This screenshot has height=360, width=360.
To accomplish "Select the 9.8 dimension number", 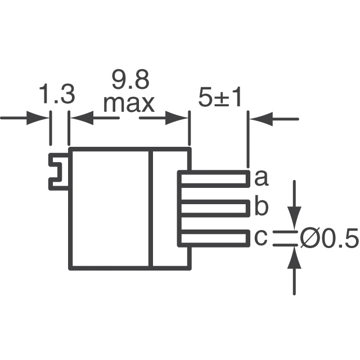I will tap(130, 81).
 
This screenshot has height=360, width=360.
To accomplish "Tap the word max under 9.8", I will tap(129, 103).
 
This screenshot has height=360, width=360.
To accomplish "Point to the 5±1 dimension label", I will tap(220, 98).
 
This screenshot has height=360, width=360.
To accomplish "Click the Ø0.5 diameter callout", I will tap(329, 240).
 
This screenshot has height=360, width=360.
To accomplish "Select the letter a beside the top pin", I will tap(261, 179).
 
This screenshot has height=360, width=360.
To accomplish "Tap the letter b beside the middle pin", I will tap(261, 208).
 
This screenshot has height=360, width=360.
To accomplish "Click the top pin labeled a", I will tap(214, 179).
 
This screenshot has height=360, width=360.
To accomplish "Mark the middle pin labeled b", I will tap(214, 209).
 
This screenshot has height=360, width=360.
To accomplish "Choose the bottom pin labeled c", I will tap(214, 238).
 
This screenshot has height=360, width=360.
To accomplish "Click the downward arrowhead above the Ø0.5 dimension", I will tap(294, 216).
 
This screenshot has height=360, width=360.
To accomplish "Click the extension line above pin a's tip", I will tap(248, 141).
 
